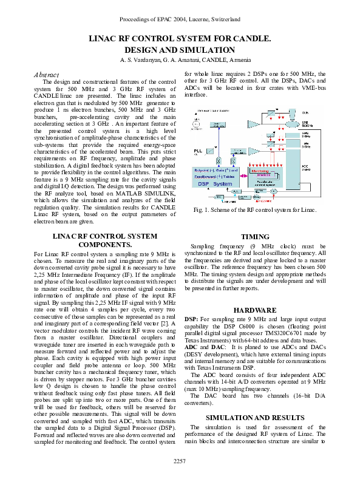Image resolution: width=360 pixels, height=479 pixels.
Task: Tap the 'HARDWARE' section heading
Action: (255, 310)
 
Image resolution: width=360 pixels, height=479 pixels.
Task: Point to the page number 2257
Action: (180, 462)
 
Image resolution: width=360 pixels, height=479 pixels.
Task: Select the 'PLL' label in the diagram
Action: (199, 149)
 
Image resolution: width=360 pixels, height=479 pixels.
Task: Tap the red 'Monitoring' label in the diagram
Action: (242, 172)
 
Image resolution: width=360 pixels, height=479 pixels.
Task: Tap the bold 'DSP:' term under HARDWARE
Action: (191, 319)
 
